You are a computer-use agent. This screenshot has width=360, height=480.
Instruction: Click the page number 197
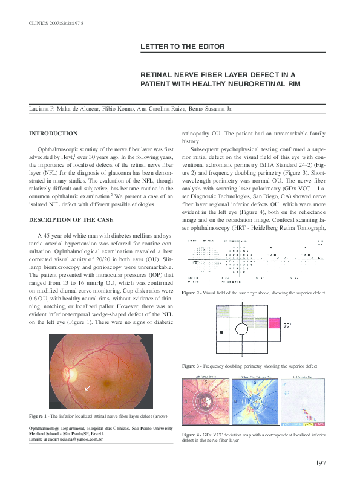tap(321, 463)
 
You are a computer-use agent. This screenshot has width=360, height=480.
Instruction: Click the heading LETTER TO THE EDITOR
tap(183, 47)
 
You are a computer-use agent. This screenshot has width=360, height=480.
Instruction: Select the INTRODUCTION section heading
tap(53, 132)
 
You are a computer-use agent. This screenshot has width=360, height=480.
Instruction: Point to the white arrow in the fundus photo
tap(88, 388)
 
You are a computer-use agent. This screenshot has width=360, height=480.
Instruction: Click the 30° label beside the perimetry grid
tap(288, 325)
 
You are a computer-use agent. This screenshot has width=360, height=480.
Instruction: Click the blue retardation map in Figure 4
tap(254, 400)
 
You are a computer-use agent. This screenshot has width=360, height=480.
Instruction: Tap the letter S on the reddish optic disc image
tap(205, 382)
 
